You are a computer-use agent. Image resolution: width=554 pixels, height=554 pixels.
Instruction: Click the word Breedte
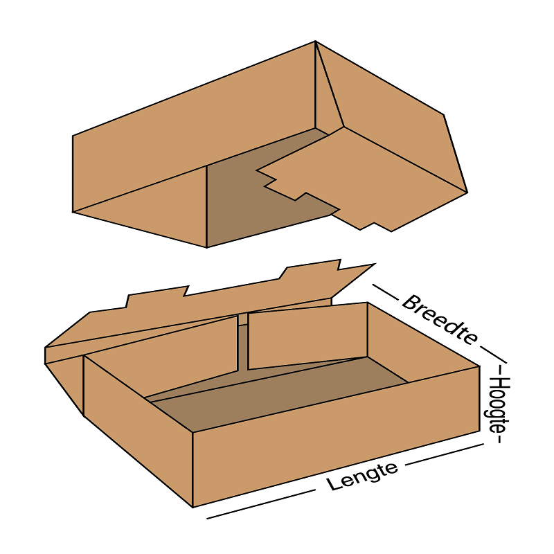click(440, 320)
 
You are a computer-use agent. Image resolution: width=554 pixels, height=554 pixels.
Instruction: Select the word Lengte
click(361, 476)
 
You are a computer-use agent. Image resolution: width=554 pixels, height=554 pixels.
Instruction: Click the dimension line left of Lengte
click(261, 504)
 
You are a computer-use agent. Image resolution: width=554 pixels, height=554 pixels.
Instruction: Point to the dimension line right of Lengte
click(444, 454)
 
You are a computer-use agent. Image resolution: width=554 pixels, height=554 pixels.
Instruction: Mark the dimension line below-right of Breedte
click(494, 355)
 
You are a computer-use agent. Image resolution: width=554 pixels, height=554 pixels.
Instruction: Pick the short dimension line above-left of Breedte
click(385, 292)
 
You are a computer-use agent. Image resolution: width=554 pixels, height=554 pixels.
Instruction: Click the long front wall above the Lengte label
click(336, 436)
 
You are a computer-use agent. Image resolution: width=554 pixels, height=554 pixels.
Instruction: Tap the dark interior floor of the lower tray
click(279, 392)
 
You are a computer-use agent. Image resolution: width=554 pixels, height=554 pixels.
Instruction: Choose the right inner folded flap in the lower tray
click(307, 336)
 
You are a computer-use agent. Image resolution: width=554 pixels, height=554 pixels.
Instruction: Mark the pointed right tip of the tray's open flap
click(375, 264)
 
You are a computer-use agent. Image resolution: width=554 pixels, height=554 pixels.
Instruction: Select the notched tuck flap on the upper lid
click(360, 180)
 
